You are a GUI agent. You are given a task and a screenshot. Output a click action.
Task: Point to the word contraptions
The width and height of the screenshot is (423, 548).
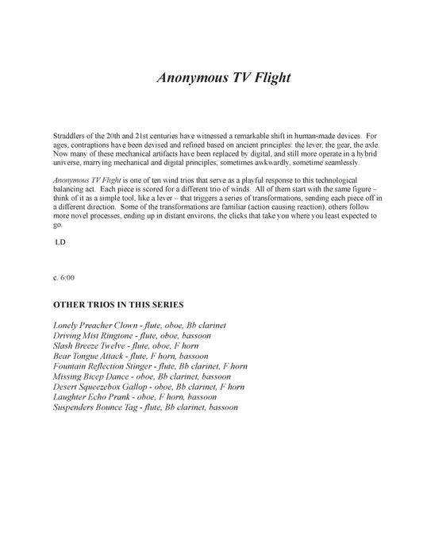tap(95, 146)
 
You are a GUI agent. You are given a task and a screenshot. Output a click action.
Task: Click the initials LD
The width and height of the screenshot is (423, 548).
tap(60, 241)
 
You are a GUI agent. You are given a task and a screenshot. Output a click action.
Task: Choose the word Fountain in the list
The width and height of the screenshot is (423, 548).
tap(71, 367)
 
